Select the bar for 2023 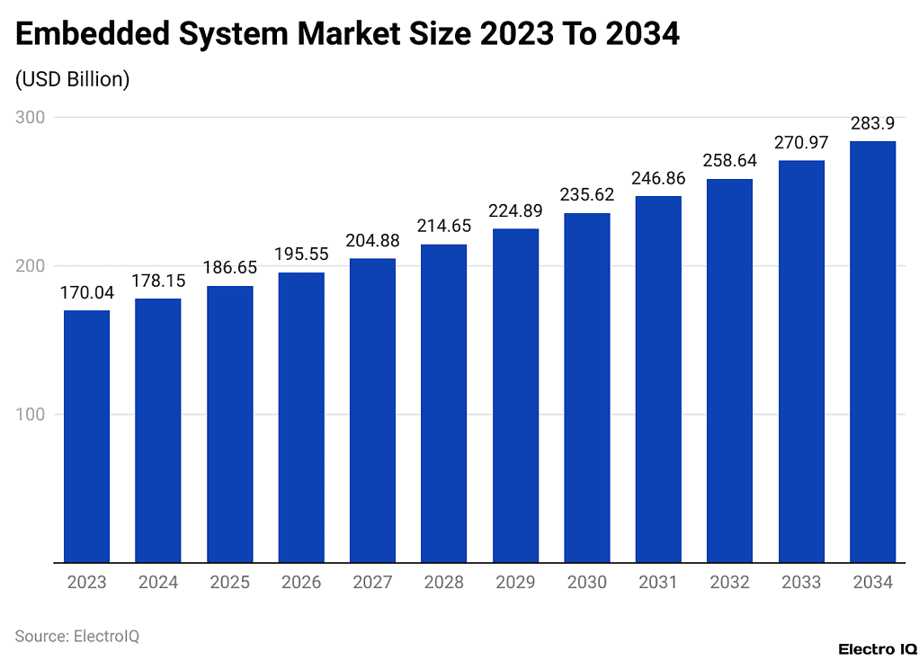[86, 436]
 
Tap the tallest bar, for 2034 [872, 352]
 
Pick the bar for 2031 [658, 379]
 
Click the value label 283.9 [872, 123]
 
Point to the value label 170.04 [86, 292]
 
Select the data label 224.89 [515, 210]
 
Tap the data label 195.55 [300, 255]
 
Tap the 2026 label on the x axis [300, 583]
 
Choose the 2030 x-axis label [586, 583]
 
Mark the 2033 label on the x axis [801, 583]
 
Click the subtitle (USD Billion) [73, 79]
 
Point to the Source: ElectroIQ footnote [77, 636]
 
